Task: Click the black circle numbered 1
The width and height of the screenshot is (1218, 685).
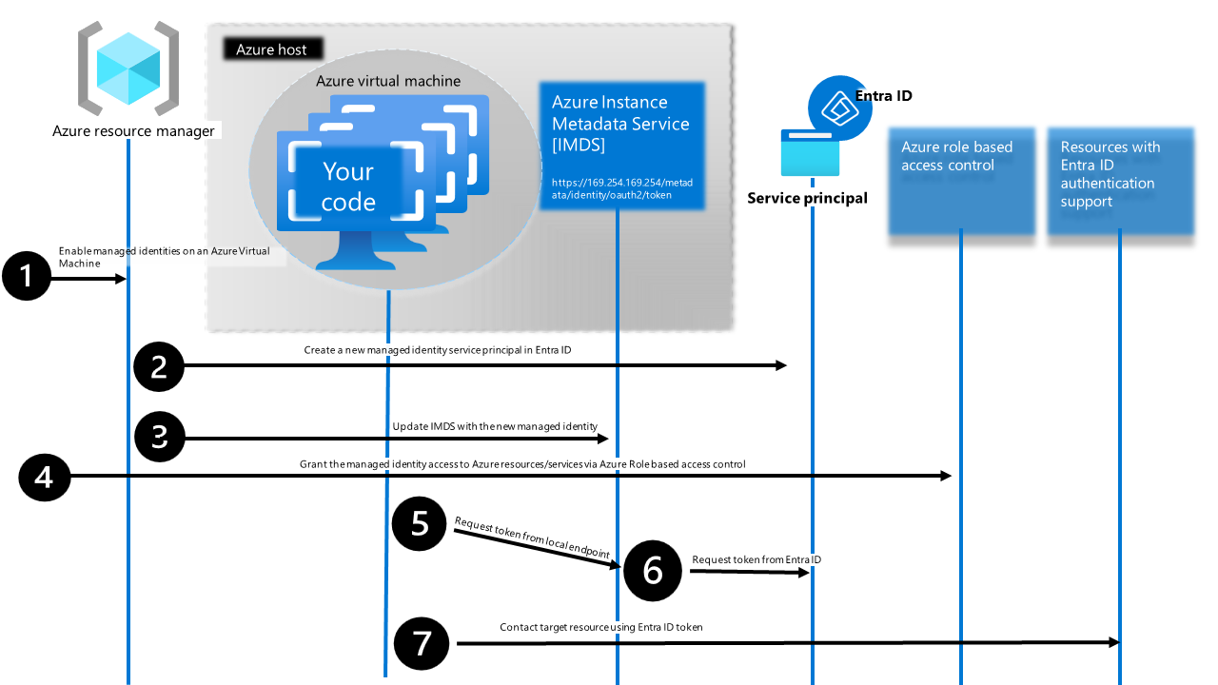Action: pos(26,277)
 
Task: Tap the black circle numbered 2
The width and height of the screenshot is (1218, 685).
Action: pos(159,366)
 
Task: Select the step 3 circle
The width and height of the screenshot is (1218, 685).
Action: pos(159,438)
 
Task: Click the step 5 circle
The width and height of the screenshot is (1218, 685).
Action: pos(420,524)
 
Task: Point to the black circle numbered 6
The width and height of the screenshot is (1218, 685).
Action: pos(653,570)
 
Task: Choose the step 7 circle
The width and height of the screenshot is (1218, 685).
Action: pos(420,643)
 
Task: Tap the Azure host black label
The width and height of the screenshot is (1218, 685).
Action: pos(272,49)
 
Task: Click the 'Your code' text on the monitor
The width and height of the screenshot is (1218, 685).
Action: pos(348,186)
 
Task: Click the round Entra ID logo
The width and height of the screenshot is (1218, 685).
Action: pos(839,108)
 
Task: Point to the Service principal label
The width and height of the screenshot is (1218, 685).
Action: pos(807,198)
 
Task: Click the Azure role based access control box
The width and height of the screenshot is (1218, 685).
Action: pos(961,181)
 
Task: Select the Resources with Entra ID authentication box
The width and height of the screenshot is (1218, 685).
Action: pos(1120,181)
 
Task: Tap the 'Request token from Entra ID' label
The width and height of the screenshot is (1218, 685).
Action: pos(756,559)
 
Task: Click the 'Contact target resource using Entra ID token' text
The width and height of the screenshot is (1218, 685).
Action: pos(601,627)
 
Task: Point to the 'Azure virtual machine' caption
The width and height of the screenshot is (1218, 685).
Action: pos(388,81)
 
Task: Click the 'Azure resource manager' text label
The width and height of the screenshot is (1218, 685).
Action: pos(133,130)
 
